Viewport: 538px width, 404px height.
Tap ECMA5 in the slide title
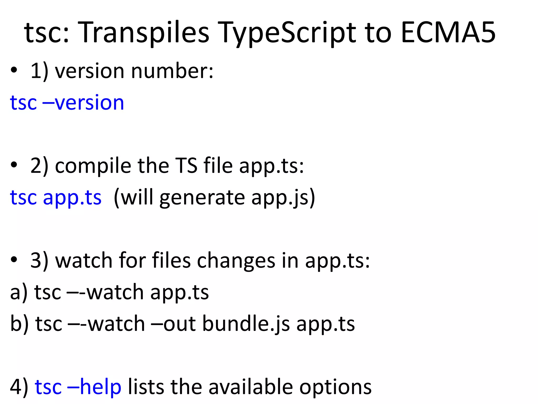pos(448,33)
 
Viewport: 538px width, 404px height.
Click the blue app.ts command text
pos(72,198)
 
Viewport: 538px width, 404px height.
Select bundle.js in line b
pos(246,324)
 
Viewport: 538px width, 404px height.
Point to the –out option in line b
pos(173,324)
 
